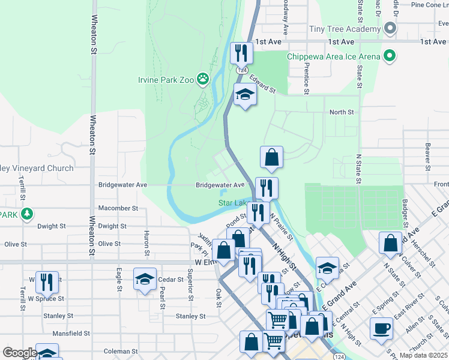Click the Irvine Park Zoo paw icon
[203, 78]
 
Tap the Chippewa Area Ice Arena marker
[389, 56]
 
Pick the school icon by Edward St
[245, 95]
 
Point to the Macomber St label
[118, 208]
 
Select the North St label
[342, 112]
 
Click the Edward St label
[263, 83]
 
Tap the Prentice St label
[306, 78]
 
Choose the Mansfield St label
[71, 333]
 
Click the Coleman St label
[121, 351]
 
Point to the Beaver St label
[428, 153]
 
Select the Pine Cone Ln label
[426, 5]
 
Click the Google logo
[19, 353]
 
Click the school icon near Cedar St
[145, 279]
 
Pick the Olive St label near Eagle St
[109, 244]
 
